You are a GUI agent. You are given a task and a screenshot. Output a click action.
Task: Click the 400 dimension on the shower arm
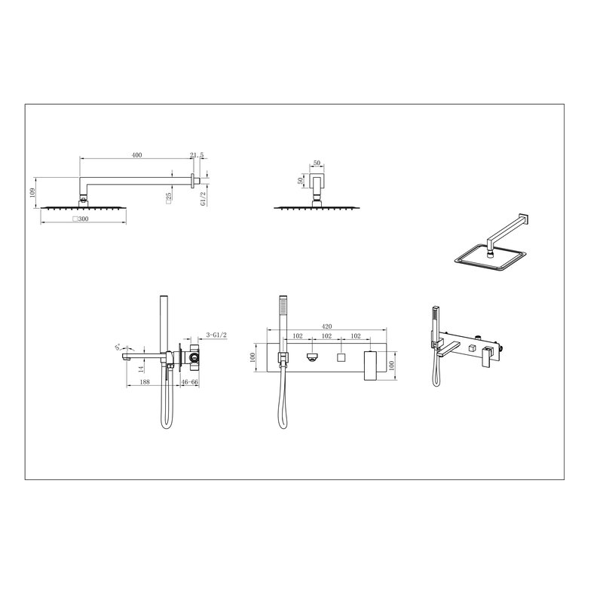point(136,155)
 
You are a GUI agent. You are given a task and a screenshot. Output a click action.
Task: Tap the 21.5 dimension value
point(197,155)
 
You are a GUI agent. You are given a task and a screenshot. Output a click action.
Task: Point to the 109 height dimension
point(32,192)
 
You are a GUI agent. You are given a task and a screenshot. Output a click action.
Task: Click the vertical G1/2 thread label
point(204,198)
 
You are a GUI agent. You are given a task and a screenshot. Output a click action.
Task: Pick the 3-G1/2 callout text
point(216,335)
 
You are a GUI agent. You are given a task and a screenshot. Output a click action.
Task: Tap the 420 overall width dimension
point(326,326)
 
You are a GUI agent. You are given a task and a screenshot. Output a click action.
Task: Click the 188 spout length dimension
point(145,382)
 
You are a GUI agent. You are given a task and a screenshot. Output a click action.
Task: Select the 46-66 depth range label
point(190,382)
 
